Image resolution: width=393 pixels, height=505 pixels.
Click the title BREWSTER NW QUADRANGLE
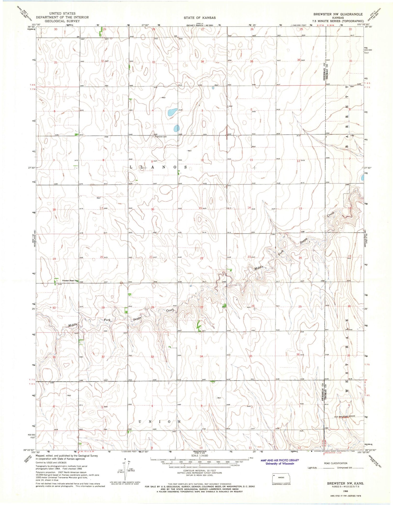[x=338, y=14]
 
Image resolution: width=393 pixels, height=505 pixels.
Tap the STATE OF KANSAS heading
[x=200, y=18]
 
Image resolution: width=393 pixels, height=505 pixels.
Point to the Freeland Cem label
[x=161, y=137]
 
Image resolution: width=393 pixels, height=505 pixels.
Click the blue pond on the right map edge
[x=362, y=178]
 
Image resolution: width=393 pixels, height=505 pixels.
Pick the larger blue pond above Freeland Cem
[x=172, y=112]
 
